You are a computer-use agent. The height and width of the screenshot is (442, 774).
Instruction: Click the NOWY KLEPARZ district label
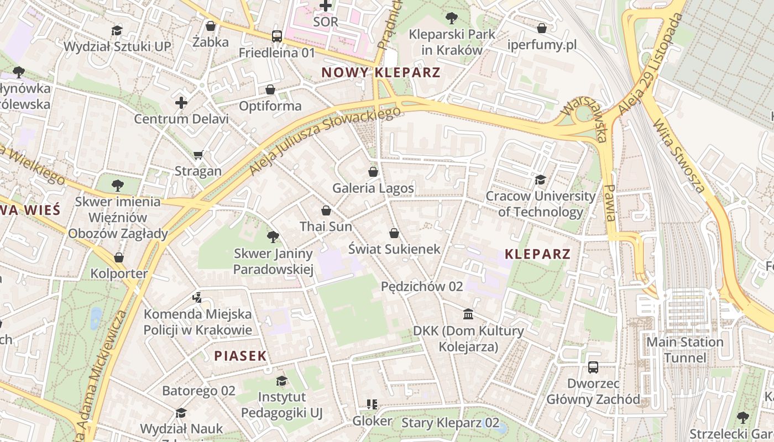[x=381, y=72]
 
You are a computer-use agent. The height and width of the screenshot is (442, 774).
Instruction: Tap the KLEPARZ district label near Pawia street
[x=537, y=254]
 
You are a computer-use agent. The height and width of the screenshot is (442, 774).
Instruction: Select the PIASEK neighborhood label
[x=240, y=356]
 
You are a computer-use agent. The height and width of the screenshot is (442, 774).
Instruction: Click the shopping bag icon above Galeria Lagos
[x=373, y=172]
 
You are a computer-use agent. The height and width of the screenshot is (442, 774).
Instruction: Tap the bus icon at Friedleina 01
[x=277, y=36]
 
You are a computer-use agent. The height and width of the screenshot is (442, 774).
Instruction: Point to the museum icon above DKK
[x=468, y=314]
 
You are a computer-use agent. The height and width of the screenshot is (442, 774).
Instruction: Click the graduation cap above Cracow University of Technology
[x=540, y=180]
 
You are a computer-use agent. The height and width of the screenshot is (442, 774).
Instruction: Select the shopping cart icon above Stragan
[x=198, y=155]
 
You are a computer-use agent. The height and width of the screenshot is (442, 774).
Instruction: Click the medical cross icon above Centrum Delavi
[x=181, y=103]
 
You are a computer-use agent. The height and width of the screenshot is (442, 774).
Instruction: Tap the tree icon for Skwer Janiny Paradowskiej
[x=273, y=238]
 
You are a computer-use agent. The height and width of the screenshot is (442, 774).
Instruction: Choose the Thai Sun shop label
[x=326, y=226]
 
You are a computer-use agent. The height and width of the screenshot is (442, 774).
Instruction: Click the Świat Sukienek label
[x=394, y=249]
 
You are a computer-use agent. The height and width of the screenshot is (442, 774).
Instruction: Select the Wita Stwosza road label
[x=679, y=156]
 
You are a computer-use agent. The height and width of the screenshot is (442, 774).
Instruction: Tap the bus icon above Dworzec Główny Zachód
[x=593, y=367]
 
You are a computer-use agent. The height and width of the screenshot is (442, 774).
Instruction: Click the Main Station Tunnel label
[x=684, y=350]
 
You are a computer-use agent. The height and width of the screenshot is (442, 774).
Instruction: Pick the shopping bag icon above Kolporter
[x=119, y=257]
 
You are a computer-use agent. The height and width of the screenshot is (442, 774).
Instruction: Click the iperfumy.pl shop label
[x=542, y=45]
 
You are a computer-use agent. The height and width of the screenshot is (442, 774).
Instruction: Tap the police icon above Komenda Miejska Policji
[x=197, y=298]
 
